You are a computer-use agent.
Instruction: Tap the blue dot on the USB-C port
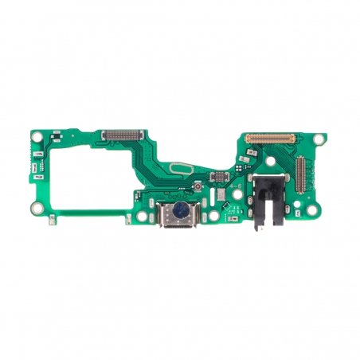click(181, 210)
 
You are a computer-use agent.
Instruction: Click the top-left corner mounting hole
click(37, 138)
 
